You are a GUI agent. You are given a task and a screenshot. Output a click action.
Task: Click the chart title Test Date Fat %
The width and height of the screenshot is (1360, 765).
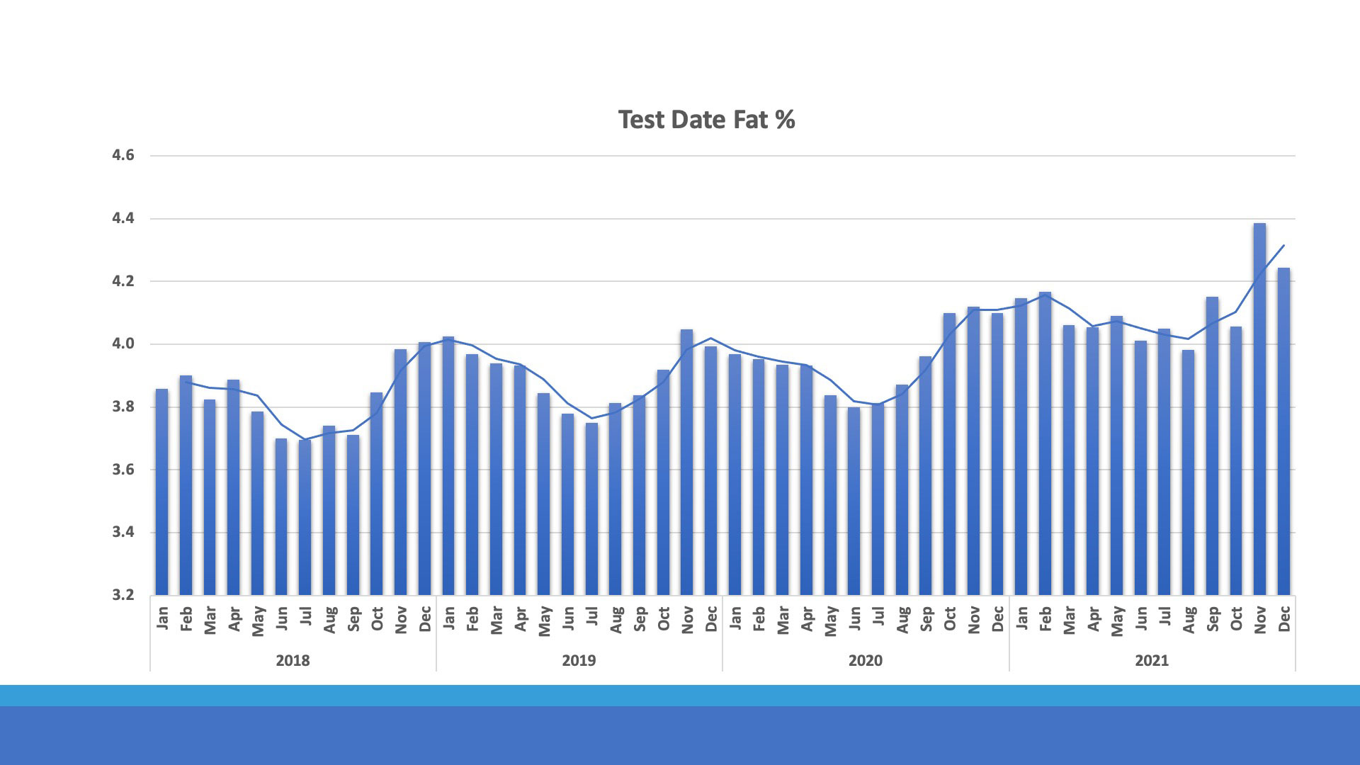pos(706,120)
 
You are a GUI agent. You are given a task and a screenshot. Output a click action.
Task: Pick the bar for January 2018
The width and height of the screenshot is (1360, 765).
pos(161,492)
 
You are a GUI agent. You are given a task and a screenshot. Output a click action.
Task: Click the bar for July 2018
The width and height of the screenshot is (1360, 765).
pos(305,517)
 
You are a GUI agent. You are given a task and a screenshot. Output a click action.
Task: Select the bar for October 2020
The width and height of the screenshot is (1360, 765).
pos(949,453)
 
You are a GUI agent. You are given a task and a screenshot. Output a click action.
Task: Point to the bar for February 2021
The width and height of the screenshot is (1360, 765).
pos(1045,443)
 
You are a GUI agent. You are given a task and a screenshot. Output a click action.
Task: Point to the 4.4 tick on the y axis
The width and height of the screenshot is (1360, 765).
pos(123,219)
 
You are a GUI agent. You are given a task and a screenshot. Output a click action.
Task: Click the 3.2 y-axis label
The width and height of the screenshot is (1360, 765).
pos(123,595)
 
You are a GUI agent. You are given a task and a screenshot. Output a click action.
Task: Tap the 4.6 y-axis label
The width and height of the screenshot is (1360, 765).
pos(123,156)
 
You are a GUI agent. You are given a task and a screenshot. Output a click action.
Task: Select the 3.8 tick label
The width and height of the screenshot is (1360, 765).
pos(123,407)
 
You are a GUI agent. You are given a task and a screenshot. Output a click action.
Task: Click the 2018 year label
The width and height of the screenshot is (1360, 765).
pos(293,661)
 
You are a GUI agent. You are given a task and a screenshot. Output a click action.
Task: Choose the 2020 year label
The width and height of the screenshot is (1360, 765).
pos(866,661)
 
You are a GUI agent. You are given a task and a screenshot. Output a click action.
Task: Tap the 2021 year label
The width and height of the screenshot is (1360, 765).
pos(1152,661)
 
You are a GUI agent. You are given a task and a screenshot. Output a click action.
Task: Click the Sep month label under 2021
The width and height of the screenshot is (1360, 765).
pos(1212,618)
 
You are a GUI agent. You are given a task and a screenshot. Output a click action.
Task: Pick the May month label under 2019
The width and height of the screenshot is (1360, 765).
pos(544,620)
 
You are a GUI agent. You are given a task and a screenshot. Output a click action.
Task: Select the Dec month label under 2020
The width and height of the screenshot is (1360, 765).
pos(997,618)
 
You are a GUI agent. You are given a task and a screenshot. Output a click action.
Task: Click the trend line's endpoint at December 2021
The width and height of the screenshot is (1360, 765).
pos(1284,245)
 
